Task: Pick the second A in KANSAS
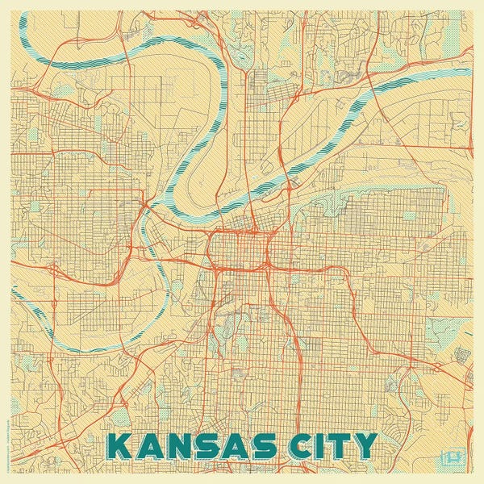click(228, 446)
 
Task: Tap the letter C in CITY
click(294, 446)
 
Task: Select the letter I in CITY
click(315, 446)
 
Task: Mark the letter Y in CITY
click(363, 446)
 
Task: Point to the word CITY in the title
click(328, 446)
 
